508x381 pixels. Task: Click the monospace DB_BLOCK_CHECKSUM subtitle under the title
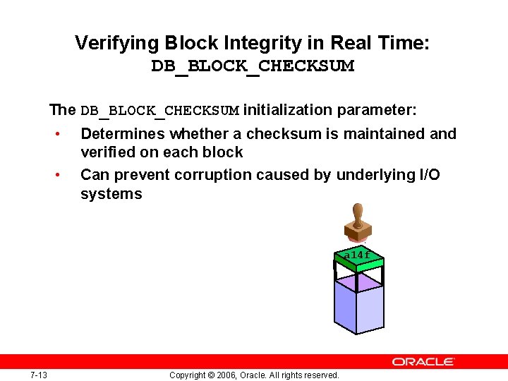tap(253, 67)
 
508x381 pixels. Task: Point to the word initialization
tap(289, 110)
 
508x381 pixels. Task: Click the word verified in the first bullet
tap(107, 152)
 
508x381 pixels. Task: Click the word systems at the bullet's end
tap(111, 194)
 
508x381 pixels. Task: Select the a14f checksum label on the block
tap(357, 255)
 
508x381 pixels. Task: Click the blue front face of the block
tap(358, 310)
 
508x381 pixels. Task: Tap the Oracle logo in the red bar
tap(423, 361)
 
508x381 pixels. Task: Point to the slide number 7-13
tap(39, 375)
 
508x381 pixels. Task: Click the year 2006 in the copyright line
tap(225, 375)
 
